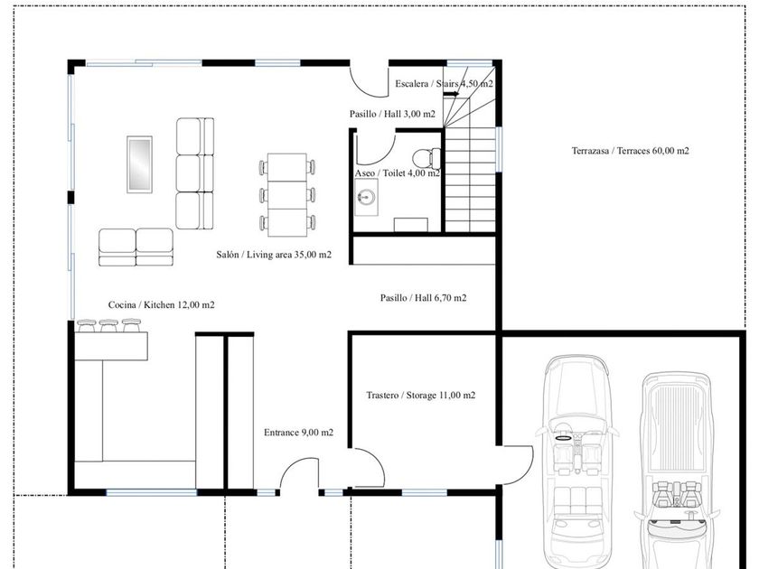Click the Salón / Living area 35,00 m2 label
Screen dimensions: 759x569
[x=274, y=255]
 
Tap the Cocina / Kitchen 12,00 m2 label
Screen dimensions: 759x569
[x=161, y=305]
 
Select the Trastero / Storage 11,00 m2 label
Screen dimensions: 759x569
[x=421, y=396]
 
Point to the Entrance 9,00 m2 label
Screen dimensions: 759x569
[x=299, y=433]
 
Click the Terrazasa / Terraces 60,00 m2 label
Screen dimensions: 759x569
[x=631, y=151]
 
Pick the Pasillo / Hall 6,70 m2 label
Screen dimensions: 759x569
[x=424, y=298]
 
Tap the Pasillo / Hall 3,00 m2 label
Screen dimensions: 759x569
[x=392, y=114]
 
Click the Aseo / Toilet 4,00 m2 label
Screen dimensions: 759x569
[x=398, y=173]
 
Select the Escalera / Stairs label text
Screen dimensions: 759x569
[x=426, y=84]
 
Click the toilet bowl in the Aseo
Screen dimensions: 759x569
[x=426, y=158]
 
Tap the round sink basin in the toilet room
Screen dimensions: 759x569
[x=365, y=197]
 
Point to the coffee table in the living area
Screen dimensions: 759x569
[x=139, y=164]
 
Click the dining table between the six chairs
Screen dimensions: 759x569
[x=287, y=195]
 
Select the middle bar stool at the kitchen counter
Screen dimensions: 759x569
[x=108, y=325]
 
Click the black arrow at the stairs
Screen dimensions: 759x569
[x=451, y=94]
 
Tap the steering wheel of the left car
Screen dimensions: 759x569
[x=563, y=438]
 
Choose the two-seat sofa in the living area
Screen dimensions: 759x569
[x=136, y=247]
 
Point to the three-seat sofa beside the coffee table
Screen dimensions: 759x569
[x=194, y=173]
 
